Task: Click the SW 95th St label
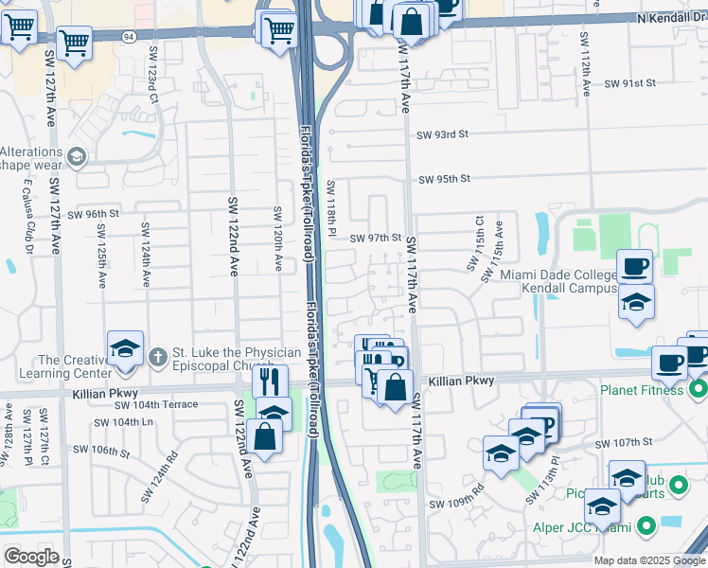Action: click(x=445, y=179)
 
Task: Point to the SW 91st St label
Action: click(x=631, y=83)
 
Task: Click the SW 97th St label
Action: click(x=377, y=239)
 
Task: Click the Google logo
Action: click(x=31, y=556)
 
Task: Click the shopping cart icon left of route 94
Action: click(x=73, y=42)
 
